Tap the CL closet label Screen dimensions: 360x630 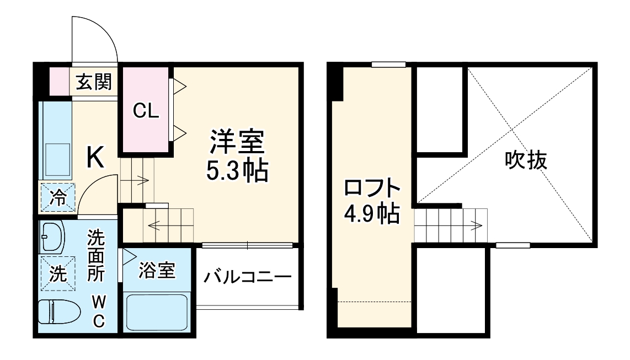coord(146,111)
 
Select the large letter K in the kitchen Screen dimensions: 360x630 coord(95,159)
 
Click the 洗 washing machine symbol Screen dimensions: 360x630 coord(57,273)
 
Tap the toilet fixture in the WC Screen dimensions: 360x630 coord(58,311)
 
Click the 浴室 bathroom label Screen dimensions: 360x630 coord(157,270)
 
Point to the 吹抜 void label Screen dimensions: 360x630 coord(526,160)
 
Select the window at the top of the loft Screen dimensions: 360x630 coord(388,65)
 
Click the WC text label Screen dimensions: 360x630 coord(97,311)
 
